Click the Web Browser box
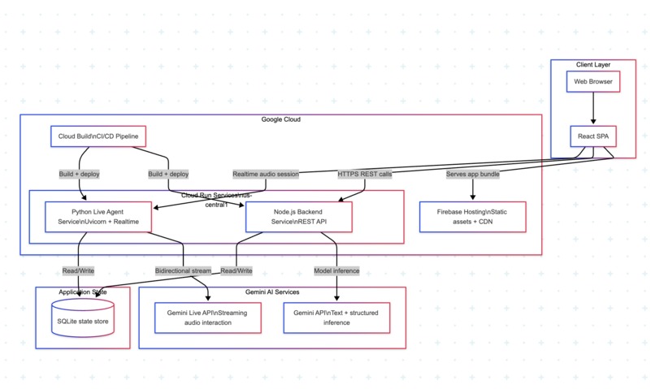[593, 81]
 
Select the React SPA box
[593, 136]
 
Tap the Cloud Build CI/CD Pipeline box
[98, 136]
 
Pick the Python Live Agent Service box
[98, 217]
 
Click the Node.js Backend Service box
[299, 217]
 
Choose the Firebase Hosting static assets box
[472, 217]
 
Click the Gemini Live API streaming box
[207, 318]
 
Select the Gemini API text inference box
[336, 318]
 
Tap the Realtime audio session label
[266, 174]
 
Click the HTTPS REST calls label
[365, 174]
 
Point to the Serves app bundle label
[472, 174]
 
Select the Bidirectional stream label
[183, 271]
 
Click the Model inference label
[336, 271]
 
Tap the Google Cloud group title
[280, 119]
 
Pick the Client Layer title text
[593, 65]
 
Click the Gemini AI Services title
[272, 292]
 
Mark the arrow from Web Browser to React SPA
[593, 108]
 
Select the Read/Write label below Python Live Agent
[78, 271]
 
